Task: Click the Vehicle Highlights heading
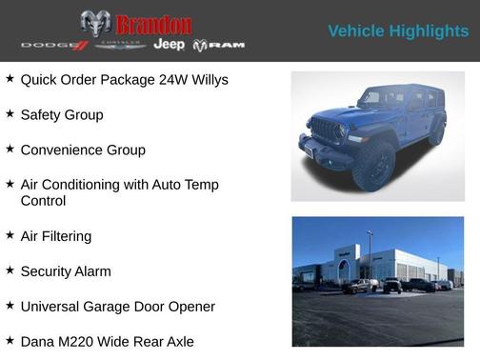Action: [398, 31]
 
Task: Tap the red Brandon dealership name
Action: [153, 24]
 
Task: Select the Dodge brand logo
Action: [53, 46]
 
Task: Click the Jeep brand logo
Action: [170, 45]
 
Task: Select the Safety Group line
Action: [62, 115]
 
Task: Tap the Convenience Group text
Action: [83, 150]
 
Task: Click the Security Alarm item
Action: [66, 271]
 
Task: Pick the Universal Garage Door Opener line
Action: [117, 307]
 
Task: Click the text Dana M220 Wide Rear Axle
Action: [107, 341]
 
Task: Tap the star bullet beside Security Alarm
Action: [10, 270]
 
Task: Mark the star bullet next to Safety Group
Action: [10, 114]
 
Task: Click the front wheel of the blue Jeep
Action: [373, 164]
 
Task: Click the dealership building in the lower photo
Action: [381, 264]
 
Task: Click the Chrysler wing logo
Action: [120, 46]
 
